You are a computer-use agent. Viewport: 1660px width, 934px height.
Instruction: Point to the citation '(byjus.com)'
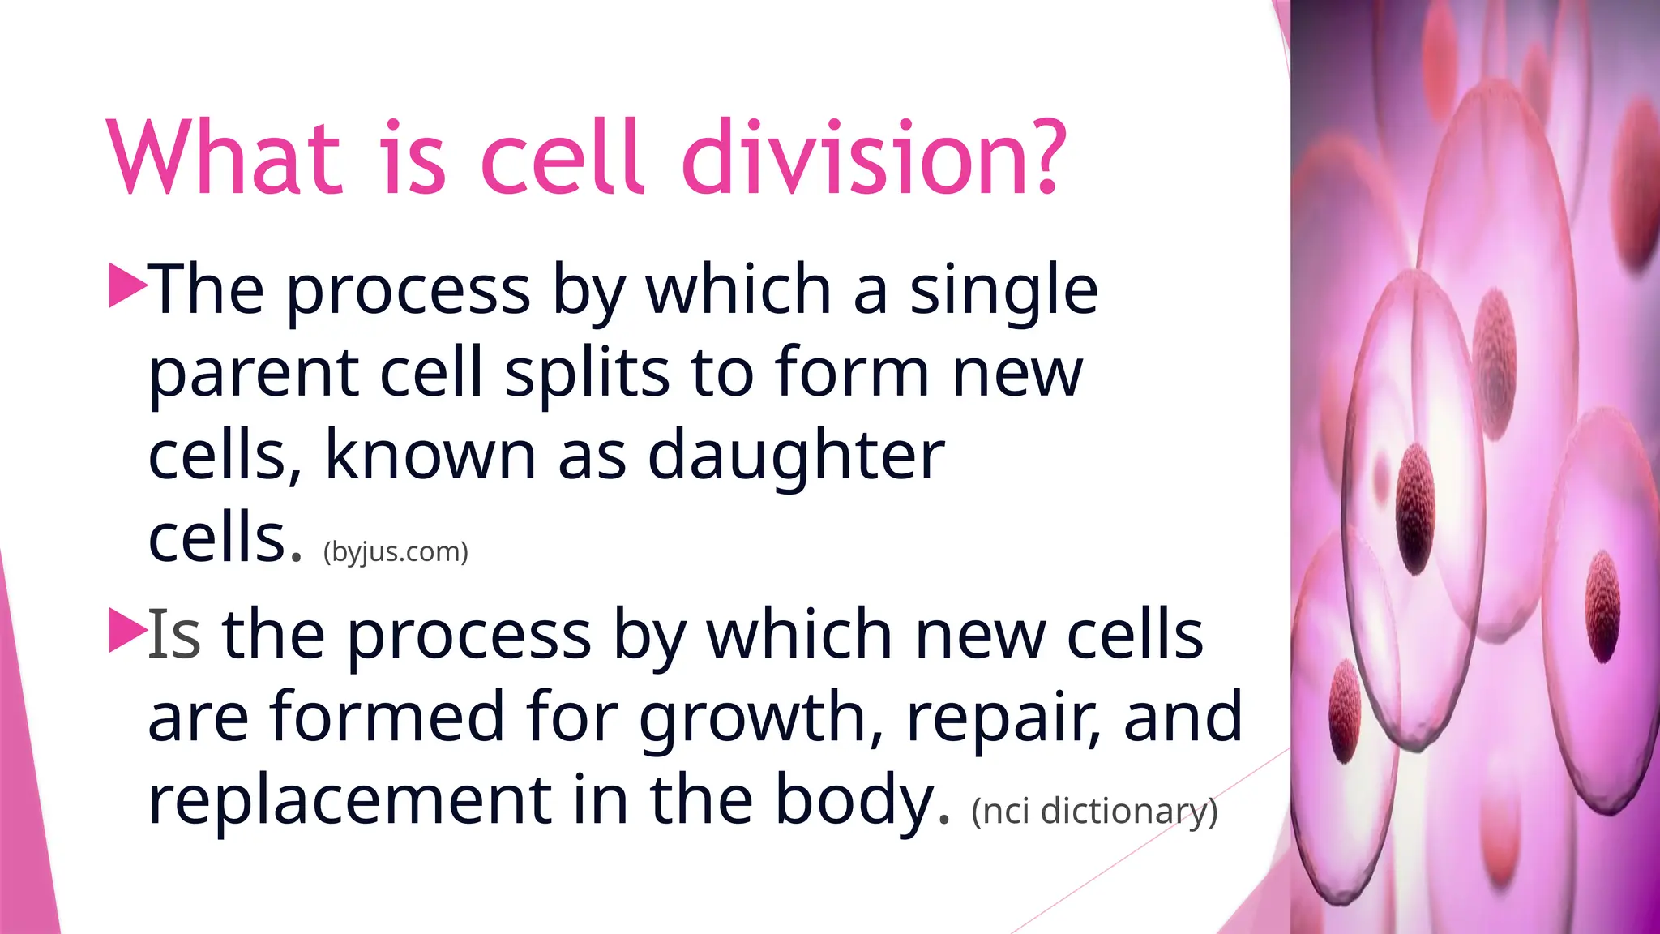[396, 552]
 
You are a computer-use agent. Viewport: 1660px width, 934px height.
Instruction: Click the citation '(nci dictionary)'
[1094, 812]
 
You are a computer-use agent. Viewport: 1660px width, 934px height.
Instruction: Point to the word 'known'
[430, 456]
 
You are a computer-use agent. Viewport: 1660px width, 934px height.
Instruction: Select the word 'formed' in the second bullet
[387, 717]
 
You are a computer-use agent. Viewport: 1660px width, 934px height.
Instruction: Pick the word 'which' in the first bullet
[738, 290]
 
